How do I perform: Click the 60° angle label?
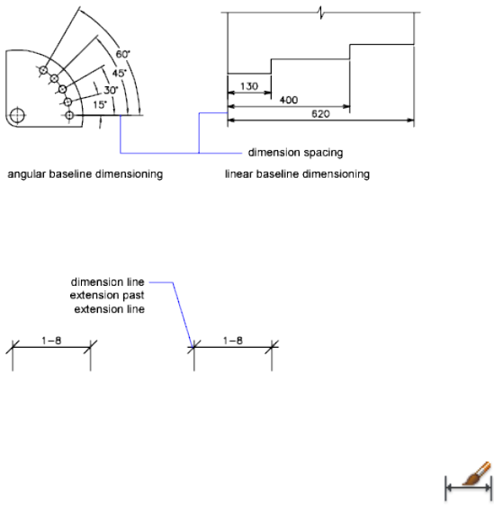tap(122, 54)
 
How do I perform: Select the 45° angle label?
tap(119, 74)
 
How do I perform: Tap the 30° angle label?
tap(111, 90)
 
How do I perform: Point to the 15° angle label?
tap(100, 104)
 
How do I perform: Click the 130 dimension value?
tap(249, 86)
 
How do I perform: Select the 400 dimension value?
tap(289, 100)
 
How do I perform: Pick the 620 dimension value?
tap(320, 113)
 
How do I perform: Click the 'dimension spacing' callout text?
tap(295, 152)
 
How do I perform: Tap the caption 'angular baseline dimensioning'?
tap(85, 174)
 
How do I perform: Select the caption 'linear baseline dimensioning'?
tap(297, 174)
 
